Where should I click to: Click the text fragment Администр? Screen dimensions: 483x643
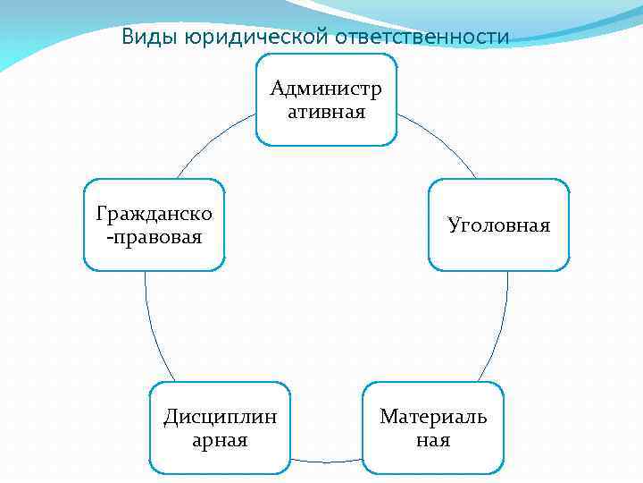point(326,89)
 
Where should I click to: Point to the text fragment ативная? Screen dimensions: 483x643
point(326,111)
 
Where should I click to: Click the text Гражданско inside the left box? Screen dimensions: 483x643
point(154,215)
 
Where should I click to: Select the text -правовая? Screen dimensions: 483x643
point(154,237)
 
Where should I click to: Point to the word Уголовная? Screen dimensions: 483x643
point(498,225)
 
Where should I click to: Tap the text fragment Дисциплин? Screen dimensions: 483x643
point(220,417)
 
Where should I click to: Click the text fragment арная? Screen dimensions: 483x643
point(220,440)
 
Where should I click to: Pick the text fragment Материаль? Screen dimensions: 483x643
point(433,417)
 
